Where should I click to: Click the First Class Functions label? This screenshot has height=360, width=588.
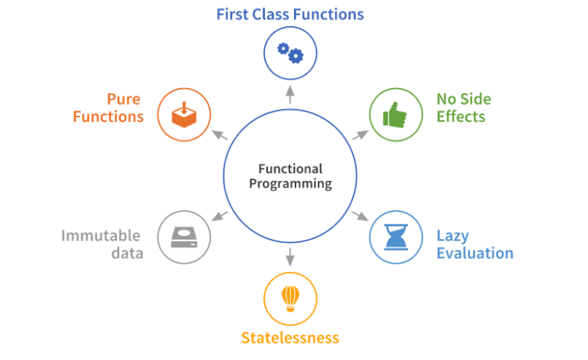tap(289, 14)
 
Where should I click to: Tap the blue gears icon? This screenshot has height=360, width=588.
tap(290, 54)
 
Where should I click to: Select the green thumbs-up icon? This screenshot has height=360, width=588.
tap(396, 115)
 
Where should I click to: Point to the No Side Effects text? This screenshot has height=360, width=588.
tap(463, 108)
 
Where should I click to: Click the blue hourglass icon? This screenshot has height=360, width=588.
tap(396, 237)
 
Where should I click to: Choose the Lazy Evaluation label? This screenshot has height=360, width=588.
tap(475, 244)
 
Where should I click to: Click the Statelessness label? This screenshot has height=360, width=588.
tap(289, 338)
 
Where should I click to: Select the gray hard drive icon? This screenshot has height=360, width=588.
tap(184, 237)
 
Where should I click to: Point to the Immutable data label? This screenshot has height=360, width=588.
tap(102, 244)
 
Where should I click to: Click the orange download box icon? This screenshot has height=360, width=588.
tap(184, 115)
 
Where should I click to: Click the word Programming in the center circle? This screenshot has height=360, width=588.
tap(290, 184)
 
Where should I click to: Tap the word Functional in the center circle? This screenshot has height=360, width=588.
tap(290, 169)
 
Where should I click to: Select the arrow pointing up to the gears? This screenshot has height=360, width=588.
tap(290, 94)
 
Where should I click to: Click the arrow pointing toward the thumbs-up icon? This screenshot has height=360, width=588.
tap(360, 136)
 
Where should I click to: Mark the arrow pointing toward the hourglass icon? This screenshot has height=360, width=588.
tap(360, 216)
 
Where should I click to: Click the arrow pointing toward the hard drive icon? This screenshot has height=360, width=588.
tap(220, 216)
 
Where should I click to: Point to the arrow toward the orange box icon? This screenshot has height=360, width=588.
tap(220, 136)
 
